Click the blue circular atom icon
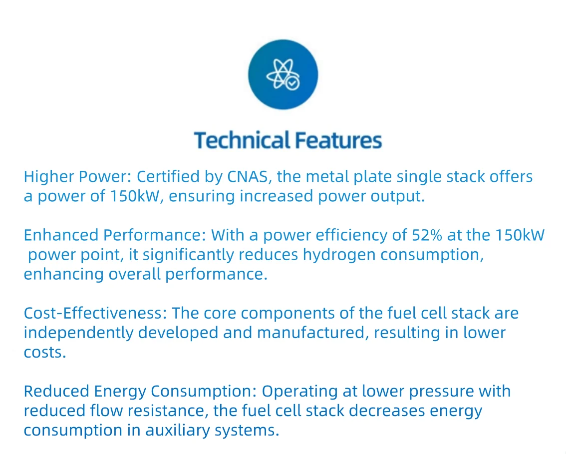(x=283, y=75)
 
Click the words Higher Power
(x=76, y=177)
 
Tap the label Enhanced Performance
(x=114, y=235)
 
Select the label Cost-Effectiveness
(x=95, y=314)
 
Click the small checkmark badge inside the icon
(x=292, y=83)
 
